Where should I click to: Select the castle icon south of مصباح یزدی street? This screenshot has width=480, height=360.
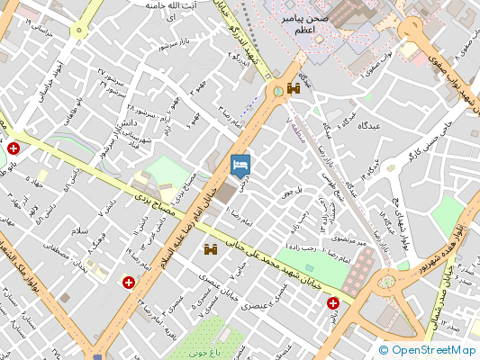[x=213, y=249]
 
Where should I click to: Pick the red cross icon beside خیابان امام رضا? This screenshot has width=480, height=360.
[x=129, y=283]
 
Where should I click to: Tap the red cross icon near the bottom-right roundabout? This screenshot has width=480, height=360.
[x=333, y=303]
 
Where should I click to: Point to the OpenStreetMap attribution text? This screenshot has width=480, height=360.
[x=428, y=351]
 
